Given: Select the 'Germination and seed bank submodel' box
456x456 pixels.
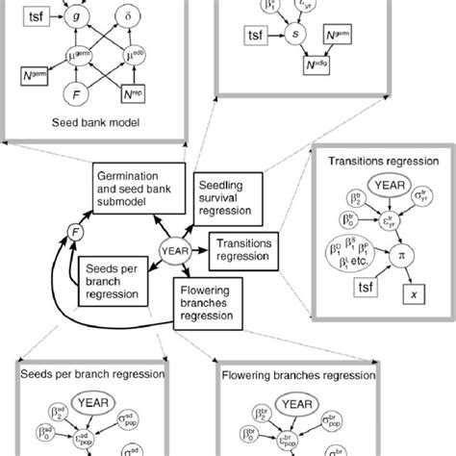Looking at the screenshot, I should click(x=139, y=183).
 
